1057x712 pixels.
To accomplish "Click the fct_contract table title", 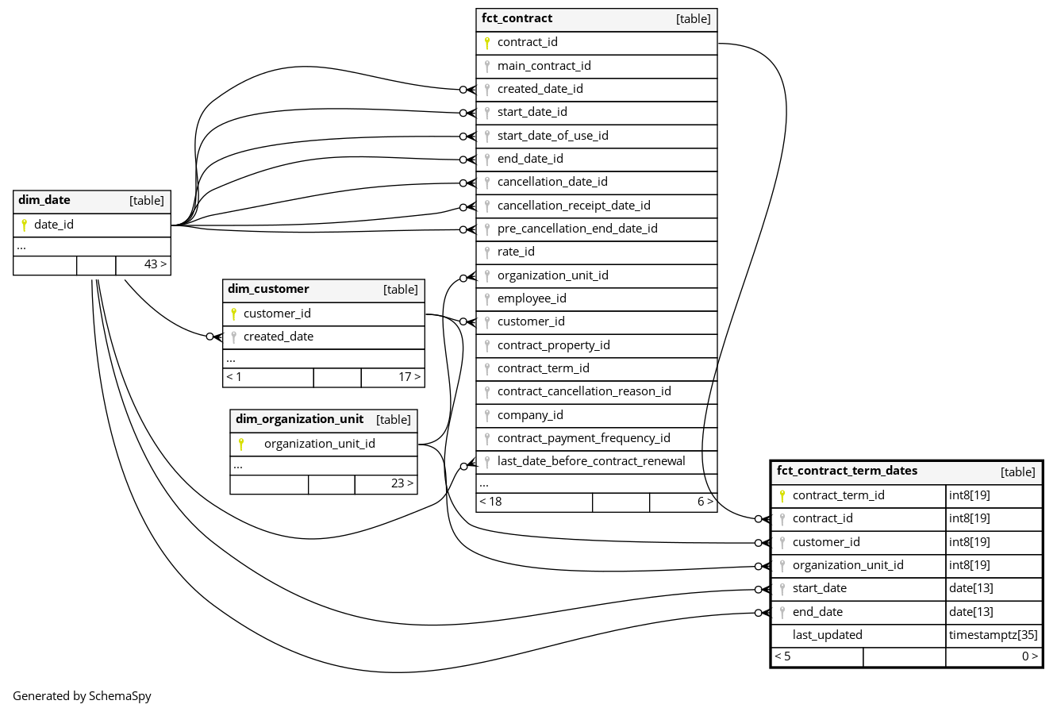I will click(x=517, y=18).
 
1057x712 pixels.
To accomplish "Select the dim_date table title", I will click(x=44, y=200).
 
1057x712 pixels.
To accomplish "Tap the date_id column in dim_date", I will click(x=54, y=225).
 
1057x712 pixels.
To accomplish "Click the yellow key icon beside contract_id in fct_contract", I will click(x=487, y=43).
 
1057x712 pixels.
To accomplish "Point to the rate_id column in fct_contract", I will click(x=516, y=252).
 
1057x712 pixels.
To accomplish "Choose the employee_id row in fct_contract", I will click(x=532, y=298).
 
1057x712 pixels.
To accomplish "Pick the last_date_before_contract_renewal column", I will click(x=591, y=461).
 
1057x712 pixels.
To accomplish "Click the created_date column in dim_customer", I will click(x=279, y=337).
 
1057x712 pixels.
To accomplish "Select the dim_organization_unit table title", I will click(x=299, y=419).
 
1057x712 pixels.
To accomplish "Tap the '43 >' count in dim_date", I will click(x=156, y=264).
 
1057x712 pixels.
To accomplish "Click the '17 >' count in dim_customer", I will click(x=409, y=377).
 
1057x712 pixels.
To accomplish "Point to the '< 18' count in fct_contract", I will click(x=491, y=502).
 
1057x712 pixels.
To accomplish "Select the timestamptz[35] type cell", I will click(x=993, y=635).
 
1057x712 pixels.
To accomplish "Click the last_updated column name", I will click(x=827, y=635).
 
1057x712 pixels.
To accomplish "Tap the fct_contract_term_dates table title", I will click(x=847, y=471).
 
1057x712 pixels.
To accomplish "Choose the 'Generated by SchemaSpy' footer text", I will click(x=82, y=696).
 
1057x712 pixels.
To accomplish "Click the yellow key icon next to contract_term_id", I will click(x=782, y=496).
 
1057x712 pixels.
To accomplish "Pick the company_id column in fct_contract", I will click(x=530, y=415).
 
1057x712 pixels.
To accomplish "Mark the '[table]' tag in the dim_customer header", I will click(x=400, y=290).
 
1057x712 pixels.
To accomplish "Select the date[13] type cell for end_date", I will click(x=971, y=612).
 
